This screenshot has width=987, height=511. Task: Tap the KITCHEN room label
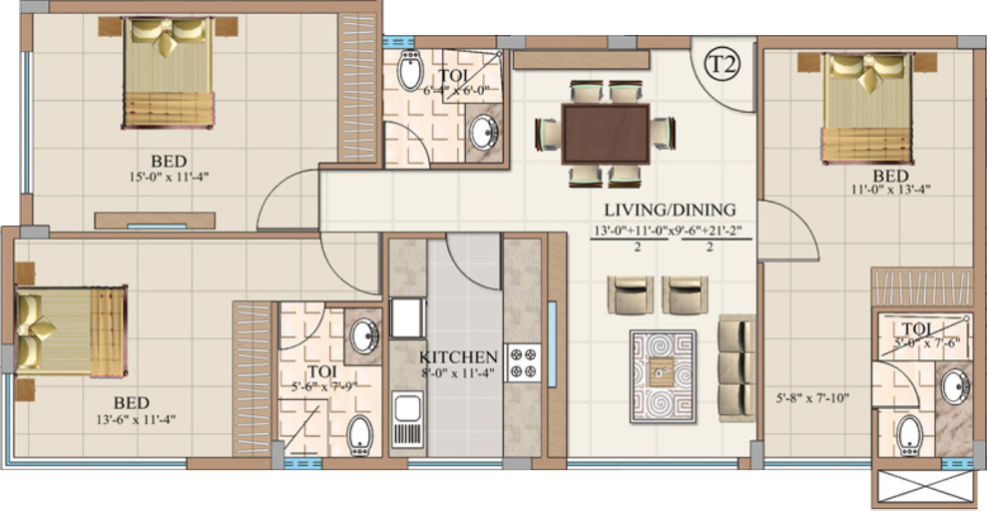[x=458, y=356]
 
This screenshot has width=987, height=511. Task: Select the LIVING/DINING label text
[x=670, y=210]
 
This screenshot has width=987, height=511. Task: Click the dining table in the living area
[x=605, y=134]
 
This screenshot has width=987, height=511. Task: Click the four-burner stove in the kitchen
[x=523, y=362]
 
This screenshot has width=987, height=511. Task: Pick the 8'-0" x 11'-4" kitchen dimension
[x=458, y=374]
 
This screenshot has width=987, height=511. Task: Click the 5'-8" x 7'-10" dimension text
[x=812, y=399]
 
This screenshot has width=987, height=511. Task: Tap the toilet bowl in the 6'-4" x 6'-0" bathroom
[x=409, y=73]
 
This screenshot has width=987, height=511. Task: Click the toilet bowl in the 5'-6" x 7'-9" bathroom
[x=359, y=435]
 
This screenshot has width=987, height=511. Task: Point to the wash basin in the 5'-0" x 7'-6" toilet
[x=953, y=386]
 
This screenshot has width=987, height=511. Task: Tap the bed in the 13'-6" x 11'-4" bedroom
[x=70, y=330]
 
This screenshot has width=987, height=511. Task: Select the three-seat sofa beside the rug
[x=737, y=368]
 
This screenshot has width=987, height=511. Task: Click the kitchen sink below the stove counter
[x=407, y=419]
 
